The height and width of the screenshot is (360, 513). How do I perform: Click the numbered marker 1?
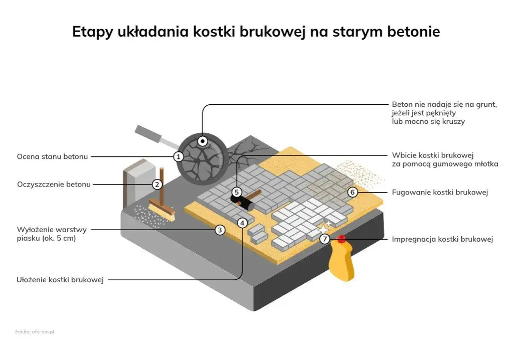point(178,156)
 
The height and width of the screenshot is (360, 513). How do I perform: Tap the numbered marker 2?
point(157,185)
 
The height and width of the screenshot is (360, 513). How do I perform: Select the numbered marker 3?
point(220,230)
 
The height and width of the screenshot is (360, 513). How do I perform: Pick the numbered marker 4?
point(242,223)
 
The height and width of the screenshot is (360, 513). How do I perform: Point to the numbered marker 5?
point(237,192)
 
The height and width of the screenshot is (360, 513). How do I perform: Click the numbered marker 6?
point(352,192)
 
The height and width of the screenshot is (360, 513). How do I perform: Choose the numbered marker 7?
point(325,239)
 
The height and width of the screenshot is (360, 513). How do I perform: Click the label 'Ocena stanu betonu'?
point(52,156)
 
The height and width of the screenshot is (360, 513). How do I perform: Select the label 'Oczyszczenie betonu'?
point(54,185)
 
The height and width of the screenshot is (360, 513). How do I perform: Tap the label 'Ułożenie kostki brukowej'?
point(60,280)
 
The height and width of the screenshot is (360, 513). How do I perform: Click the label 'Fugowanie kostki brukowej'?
point(440,193)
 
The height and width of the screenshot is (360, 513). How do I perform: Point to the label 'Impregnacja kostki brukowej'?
point(442,239)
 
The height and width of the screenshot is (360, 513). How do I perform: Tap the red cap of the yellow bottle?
point(342,239)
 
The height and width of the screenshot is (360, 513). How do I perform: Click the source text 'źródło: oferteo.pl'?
point(34,331)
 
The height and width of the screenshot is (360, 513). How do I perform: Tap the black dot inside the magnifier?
point(203,141)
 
